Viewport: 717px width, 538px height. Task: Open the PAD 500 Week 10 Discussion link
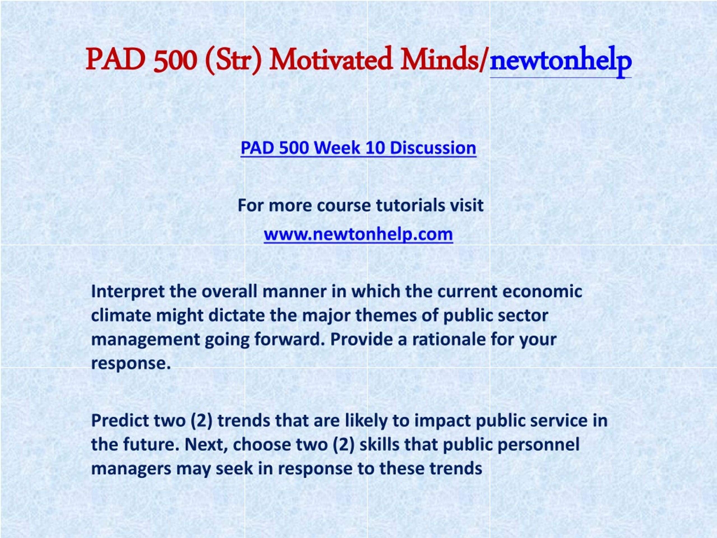(358, 148)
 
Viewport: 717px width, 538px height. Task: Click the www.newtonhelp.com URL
(358, 234)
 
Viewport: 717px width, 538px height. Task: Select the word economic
(542, 291)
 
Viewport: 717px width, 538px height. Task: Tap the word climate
(121, 315)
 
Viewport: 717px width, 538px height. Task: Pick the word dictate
(236, 315)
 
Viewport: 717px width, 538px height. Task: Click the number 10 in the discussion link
(375, 148)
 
